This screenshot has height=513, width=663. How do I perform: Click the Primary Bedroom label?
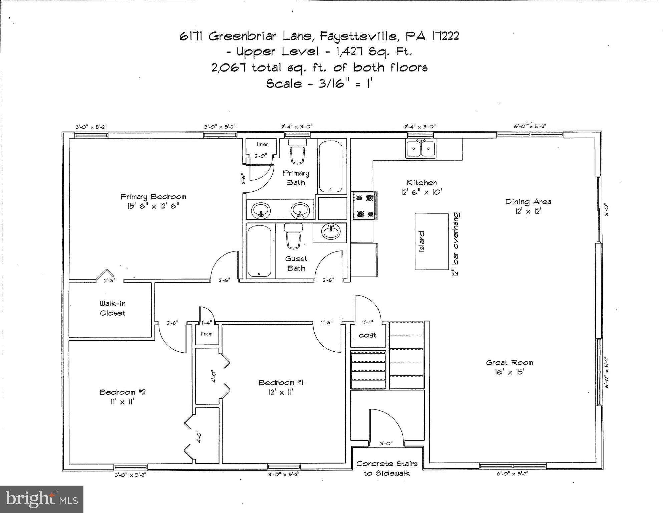[153, 201]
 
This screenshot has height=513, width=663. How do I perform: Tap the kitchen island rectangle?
[432, 241]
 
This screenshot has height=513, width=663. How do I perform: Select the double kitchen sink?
[420, 149]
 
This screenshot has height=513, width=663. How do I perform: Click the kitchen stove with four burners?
[364, 205]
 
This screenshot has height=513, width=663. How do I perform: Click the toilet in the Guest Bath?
[293, 236]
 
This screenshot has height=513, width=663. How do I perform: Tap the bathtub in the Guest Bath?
[260, 250]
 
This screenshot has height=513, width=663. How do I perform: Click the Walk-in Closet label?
[112, 308]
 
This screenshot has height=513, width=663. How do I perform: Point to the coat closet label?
[367, 335]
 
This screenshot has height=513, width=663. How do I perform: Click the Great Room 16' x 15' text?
[509, 367]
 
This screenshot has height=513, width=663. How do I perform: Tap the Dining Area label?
[528, 206]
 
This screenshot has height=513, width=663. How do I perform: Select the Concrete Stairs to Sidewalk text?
[387, 468]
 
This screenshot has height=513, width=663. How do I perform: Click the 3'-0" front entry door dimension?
[386, 444]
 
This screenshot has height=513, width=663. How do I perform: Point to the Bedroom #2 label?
[122, 396]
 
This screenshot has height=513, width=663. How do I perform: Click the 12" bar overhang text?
[456, 244]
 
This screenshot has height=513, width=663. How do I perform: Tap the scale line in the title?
[319, 83]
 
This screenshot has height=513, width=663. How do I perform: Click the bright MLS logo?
[42, 499]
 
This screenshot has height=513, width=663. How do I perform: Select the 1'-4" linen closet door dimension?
[207, 323]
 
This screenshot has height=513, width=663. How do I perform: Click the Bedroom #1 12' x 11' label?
[276, 387]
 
